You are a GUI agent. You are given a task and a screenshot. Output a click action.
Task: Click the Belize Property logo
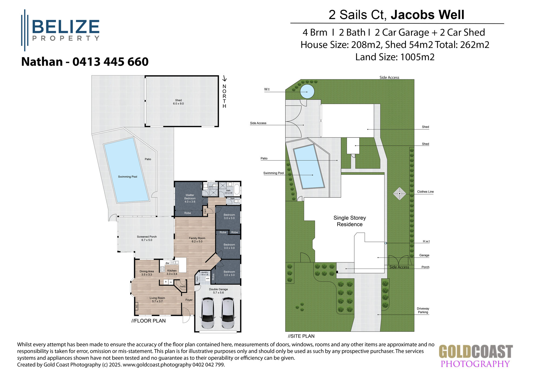pyautogui.click(x=61, y=30)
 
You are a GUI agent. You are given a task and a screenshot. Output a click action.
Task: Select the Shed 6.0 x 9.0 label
pyautogui.click(x=178, y=102)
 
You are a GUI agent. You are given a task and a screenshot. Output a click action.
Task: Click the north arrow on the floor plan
pyautogui.click(x=224, y=78)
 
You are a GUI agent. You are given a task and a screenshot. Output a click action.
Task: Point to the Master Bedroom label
pyautogui.click(x=190, y=198)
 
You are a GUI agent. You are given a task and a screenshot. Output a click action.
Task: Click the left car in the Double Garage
pyautogui.click(x=208, y=313)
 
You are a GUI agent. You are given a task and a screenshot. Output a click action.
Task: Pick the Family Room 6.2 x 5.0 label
pyautogui.click(x=197, y=240)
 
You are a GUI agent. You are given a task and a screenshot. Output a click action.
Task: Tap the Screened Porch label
pyautogui.click(x=147, y=238)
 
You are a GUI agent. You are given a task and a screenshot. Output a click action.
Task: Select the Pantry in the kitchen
pyautogui.click(x=183, y=286)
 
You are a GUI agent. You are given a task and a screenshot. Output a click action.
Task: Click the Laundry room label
pyautogui.click(x=204, y=273)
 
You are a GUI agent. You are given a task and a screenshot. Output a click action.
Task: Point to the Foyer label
pyautogui.click(x=189, y=300)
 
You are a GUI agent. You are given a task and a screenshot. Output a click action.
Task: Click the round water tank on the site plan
pyautogui.click(x=307, y=92)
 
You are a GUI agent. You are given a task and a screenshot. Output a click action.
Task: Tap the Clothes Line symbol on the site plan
pyautogui.click(x=399, y=193)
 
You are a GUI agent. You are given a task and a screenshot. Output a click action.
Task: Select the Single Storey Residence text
pyautogui.click(x=349, y=221)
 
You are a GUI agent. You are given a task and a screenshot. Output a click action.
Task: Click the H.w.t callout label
pyautogui.click(x=426, y=241)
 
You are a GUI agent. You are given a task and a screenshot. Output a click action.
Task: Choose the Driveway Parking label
pyautogui.click(x=423, y=310)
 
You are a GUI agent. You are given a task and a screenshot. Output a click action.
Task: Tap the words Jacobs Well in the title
pyautogui.click(x=427, y=15)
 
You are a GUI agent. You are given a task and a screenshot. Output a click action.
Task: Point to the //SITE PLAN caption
pyautogui.click(x=301, y=336)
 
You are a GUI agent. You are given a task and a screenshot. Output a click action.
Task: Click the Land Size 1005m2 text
pyautogui.click(x=395, y=57)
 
